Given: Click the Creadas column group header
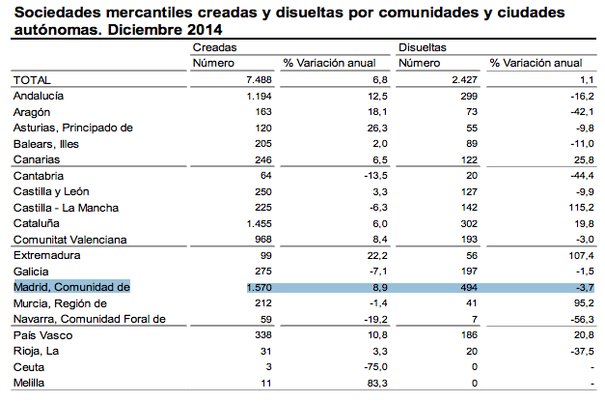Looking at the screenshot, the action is click(214, 47).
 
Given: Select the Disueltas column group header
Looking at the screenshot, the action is click(422, 47).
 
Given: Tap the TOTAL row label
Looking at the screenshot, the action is click(32, 80).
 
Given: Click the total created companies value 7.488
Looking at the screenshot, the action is click(259, 80).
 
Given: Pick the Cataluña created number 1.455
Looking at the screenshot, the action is click(260, 224).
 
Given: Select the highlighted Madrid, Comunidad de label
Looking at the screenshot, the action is click(71, 287).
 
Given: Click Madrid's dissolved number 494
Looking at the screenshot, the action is click(469, 288).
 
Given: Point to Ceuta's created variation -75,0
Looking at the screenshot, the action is click(375, 367).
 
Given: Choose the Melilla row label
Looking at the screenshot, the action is click(29, 383).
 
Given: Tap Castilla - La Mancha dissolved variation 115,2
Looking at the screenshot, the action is click(581, 208).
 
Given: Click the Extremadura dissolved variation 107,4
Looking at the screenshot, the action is click(581, 255).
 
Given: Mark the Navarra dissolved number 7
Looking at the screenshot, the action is click(475, 319).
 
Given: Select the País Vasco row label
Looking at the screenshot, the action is click(42, 335).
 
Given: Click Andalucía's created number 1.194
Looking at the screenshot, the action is click(260, 97).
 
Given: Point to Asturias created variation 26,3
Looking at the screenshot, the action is click(377, 128).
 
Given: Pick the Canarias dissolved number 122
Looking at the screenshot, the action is click(469, 160).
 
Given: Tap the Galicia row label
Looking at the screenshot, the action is click(31, 272).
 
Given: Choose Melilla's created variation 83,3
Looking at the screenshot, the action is click(377, 383).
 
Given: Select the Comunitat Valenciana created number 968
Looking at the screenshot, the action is click(263, 240).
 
